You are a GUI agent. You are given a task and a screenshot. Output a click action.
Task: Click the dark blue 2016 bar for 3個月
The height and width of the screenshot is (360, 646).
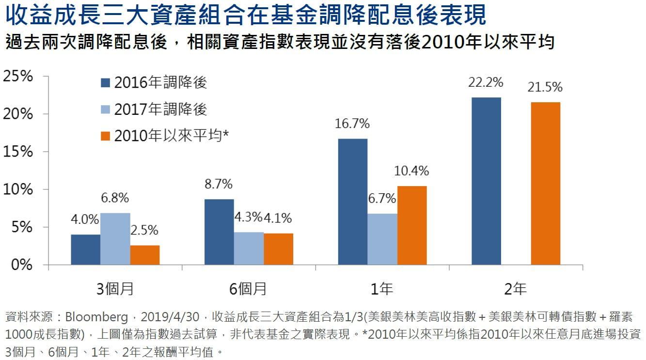pyautogui.click(x=85, y=250)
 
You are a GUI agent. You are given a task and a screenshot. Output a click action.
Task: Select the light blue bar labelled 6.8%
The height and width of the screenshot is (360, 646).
pyautogui.click(x=115, y=239)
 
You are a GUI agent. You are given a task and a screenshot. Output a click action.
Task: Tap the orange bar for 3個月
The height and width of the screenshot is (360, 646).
pyautogui.click(x=144, y=255)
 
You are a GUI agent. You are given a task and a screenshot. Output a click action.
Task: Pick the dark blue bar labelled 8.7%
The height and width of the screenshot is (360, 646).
pyautogui.click(x=219, y=232)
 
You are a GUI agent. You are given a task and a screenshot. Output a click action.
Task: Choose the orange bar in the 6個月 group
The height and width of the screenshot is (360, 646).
pyautogui.click(x=278, y=249)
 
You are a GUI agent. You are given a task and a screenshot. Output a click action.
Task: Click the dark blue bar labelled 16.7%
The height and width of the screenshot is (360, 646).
pyautogui.click(x=353, y=202)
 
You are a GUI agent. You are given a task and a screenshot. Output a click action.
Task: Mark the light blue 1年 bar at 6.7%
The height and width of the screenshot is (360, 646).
pyautogui.click(x=382, y=239)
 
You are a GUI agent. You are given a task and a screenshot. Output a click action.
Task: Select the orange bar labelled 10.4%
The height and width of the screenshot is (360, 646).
pyautogui.click(x=412, y=225)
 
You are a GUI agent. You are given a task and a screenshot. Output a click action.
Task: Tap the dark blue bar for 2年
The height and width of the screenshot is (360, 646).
pyautogui.click(x=486, y=181)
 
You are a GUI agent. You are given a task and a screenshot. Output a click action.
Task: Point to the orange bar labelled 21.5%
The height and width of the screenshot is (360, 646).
pyautogui.click(x=546, y=183)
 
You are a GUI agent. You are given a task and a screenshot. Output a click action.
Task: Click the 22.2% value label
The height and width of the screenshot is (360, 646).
pyautogui.click(x=486, y=83)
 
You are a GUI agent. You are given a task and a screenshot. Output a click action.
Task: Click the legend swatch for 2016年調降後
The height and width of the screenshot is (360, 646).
pyautogui.click(x=106, y=83)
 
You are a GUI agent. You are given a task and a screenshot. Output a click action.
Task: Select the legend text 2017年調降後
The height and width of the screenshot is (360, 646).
pyautogui.click(x=160, y=110)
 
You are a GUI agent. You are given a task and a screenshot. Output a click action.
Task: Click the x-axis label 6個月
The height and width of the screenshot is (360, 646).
pyautogui.click(x=248, y=289)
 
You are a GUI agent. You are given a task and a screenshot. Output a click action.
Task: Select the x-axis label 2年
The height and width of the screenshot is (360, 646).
pyautogui.click(x=515, y=289)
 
